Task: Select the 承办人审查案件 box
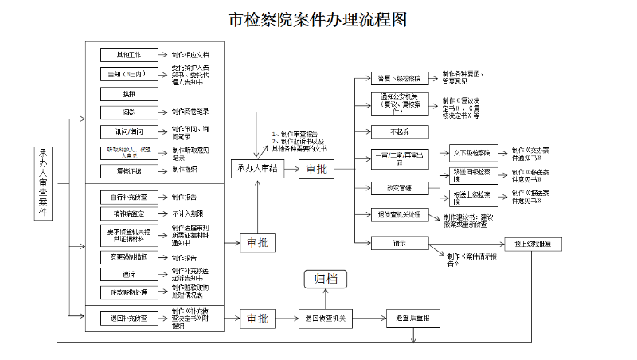pos(43,182)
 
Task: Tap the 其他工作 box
pos(129,55)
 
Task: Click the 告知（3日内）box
pos(129,74)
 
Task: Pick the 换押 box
pos(129,93)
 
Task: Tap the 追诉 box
pos(129,274)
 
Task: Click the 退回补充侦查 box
pos(129,319)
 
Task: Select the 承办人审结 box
pos(257,169)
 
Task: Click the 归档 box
pos(325,279)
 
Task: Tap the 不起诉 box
pos(399,131)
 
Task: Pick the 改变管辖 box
pos(399,187)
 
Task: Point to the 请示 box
pos(399,242)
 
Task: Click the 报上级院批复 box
pos(532,243)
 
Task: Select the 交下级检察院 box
pos(476,152)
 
